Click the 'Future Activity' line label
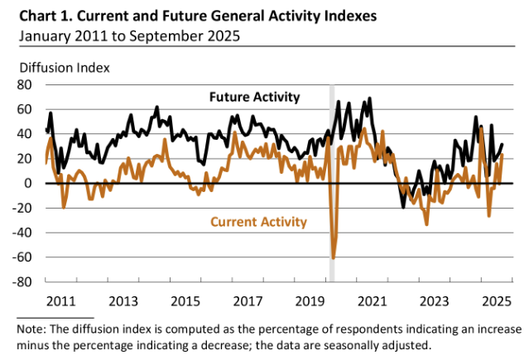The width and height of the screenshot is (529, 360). tap(252, 98)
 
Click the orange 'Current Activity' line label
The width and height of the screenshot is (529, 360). tap(259, 221)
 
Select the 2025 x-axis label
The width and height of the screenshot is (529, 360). tap(499, 300)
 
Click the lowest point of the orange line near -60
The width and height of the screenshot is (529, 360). tap(334, 257)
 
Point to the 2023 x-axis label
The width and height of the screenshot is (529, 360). tap(436, 300)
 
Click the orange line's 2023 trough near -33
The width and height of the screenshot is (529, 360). tap(427, 223)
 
